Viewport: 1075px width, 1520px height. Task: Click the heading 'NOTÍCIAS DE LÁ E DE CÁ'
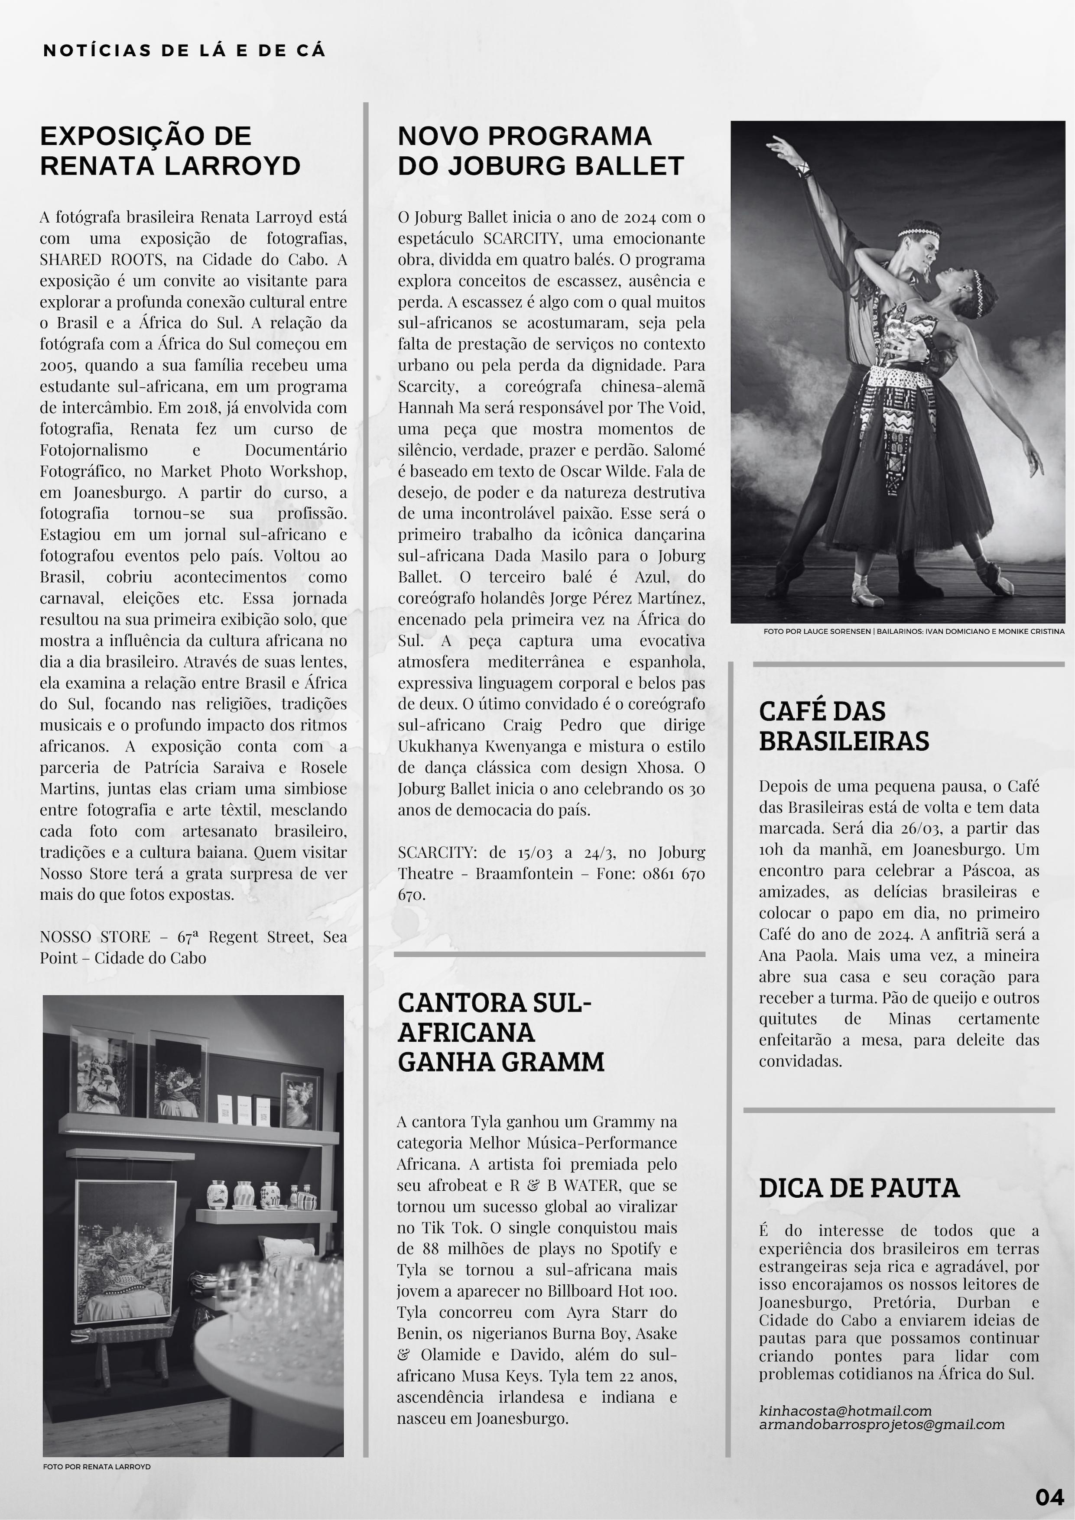tap(184, 51)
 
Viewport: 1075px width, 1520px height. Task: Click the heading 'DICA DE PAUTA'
tap(858, 1188)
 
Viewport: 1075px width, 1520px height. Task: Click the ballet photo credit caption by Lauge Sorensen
tap(913, 632)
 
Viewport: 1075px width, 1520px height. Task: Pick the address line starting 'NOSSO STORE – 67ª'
tap(193, 937)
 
